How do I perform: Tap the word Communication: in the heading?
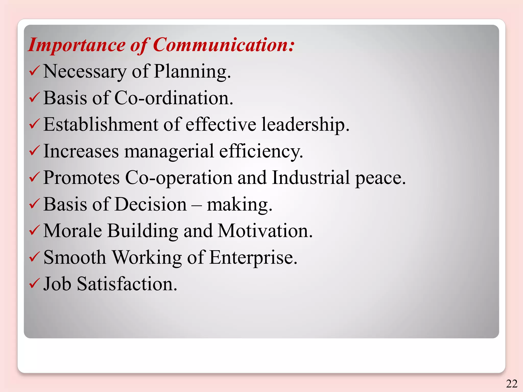point(224,45)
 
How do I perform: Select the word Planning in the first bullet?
point(192,72)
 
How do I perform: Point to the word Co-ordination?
point(174,98)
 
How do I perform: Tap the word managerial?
point(169,151)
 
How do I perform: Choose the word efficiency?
point(261,151)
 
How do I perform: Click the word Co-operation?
point(179,178)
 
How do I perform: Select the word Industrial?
point(311,178)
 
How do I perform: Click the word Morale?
point(73,231)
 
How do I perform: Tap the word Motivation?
point(265,231)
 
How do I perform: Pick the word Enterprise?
point(253,258)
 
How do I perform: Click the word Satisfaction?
point(127,284)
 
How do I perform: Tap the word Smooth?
point(75,258)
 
